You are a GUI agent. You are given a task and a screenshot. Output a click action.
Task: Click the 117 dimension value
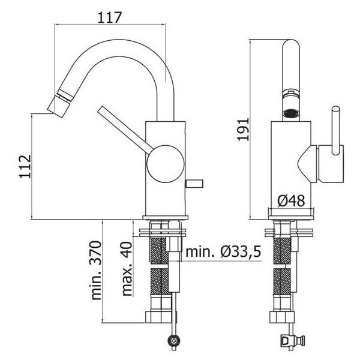[109, 17]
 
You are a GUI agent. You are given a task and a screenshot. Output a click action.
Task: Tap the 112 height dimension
[25, 166]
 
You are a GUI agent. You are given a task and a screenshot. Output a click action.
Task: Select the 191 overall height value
[243, 129]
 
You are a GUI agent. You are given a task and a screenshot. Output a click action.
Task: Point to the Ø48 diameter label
[291, 200]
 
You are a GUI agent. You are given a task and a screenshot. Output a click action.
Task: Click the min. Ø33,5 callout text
[223, 251]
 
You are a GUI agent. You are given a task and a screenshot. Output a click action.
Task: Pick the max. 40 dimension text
[127, 268]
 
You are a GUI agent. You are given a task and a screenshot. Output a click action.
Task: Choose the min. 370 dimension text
[96, 270]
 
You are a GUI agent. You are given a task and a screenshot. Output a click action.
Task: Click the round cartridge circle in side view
[166, 164]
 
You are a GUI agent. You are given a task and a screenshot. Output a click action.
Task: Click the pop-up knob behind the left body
[194, 184]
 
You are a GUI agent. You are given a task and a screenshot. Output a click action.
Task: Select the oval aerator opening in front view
[291, 113]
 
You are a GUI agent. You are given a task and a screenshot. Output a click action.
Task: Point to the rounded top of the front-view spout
[291, 46]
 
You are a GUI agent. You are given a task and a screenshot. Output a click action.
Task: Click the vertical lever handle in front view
[335, 130]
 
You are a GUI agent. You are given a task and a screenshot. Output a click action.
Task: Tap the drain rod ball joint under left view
[175, 339]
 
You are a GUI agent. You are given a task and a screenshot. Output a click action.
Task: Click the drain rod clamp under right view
[293, 339]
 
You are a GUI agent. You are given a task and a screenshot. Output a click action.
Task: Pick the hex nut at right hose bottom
[282, 317]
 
